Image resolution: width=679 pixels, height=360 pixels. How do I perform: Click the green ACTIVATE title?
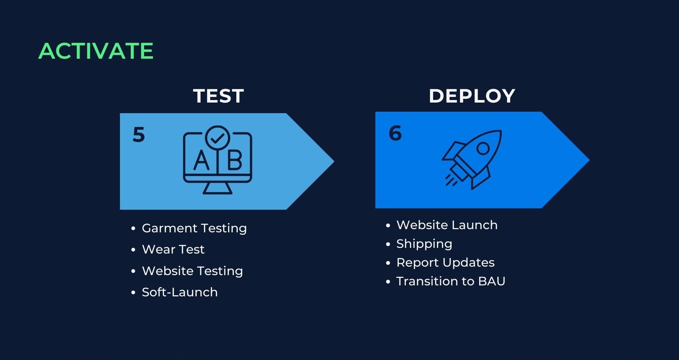[96, 51]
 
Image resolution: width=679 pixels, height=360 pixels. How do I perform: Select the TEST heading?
[219, 96]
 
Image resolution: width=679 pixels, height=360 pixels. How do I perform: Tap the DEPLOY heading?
[472, 96]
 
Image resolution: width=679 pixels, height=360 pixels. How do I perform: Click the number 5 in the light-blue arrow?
[139, 134]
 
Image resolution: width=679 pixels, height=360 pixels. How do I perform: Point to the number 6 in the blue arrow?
[395, 133]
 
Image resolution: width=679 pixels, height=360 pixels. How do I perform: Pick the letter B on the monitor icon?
[235, 160]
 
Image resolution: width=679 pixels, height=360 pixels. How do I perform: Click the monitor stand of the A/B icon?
[217, 188]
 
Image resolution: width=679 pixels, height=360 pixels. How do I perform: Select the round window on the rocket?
[483, 149]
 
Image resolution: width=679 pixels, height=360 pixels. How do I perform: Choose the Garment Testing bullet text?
[194, 228]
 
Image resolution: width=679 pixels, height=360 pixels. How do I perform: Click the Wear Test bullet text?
[173, 250]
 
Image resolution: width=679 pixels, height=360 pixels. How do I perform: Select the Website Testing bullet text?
[192, 271]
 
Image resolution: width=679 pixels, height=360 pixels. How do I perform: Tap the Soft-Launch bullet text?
[180, 292]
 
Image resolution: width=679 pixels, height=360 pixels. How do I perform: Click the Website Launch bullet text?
[447, 225]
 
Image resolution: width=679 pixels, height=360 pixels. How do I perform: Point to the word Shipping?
[424, 244]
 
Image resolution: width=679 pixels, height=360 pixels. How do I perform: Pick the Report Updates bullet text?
[445, 263]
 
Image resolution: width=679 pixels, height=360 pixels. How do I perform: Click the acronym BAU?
[492, 281]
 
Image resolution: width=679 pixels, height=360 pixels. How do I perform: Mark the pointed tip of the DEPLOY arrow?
[589, 160]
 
